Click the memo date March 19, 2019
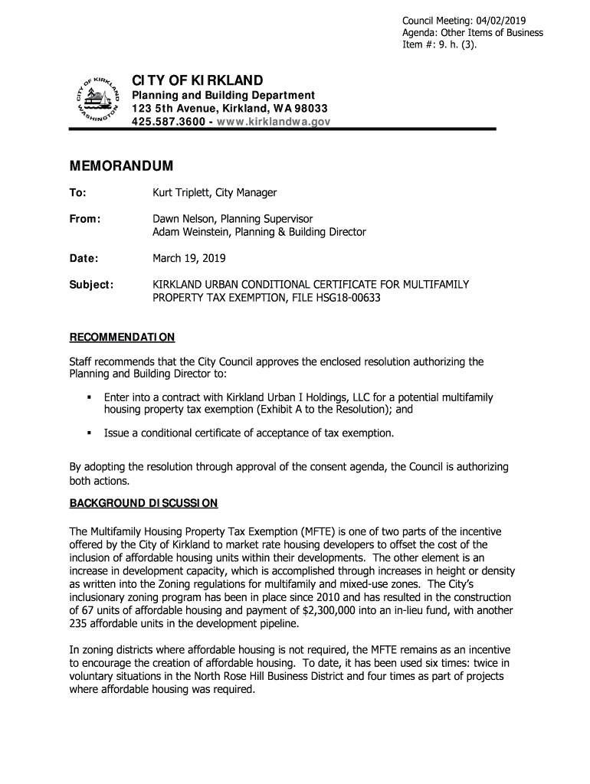[188, 258]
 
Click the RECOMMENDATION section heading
[123, 337]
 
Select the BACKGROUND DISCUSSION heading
[144, 503]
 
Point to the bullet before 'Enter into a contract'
[90, 398]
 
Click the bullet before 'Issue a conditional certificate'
[90, 433]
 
